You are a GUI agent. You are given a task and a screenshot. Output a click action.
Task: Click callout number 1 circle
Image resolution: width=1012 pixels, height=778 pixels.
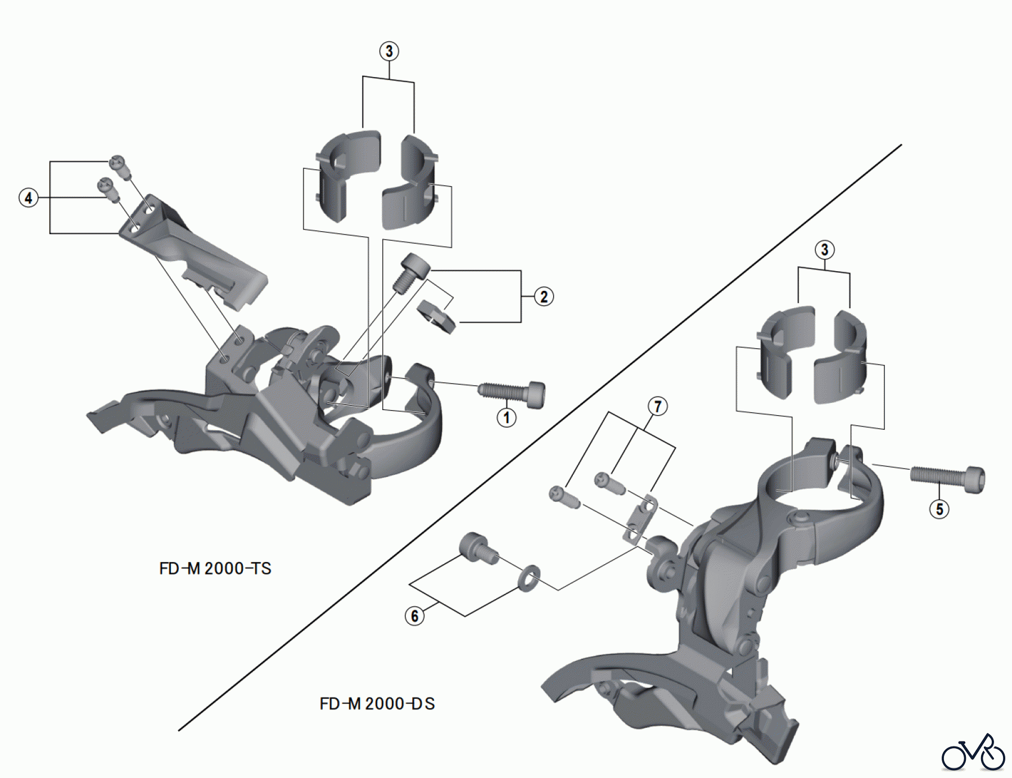tap(507, 417)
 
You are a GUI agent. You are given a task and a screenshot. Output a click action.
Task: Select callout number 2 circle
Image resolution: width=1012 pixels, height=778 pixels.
tap(543, 296)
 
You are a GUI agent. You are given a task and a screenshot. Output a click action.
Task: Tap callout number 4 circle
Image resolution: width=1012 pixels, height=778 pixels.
tap(29, 198)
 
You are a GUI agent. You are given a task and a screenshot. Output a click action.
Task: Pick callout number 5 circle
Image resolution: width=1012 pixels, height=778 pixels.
tap(939, 509)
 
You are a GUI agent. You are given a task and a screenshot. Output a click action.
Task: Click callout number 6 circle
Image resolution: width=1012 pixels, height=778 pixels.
tap(414, 616)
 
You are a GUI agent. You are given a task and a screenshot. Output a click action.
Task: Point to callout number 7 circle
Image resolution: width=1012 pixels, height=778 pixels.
tap(657, 406)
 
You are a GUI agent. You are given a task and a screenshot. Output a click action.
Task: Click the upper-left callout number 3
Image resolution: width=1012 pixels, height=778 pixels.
tap(389, 51)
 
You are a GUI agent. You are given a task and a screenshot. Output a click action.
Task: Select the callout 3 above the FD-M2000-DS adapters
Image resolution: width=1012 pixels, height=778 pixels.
tap(824, 250)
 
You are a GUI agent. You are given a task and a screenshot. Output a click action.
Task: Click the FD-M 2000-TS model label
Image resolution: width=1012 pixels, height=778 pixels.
tap(215, 569)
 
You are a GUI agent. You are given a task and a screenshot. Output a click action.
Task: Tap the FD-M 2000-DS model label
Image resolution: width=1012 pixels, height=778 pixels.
tap(377, 704)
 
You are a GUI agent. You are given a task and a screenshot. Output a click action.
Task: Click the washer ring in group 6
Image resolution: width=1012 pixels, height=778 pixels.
tap(528, 578)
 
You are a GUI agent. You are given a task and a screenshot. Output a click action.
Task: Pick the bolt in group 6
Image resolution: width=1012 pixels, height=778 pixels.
tap(478, 547)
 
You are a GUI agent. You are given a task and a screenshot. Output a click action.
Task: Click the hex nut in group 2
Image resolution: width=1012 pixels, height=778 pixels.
tap(436, 316)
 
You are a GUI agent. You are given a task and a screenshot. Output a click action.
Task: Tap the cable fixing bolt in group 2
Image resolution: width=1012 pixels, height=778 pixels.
tap(412, 272)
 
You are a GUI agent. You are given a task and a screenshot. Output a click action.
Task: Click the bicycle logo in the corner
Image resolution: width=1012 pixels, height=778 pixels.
tap(973, 753)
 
